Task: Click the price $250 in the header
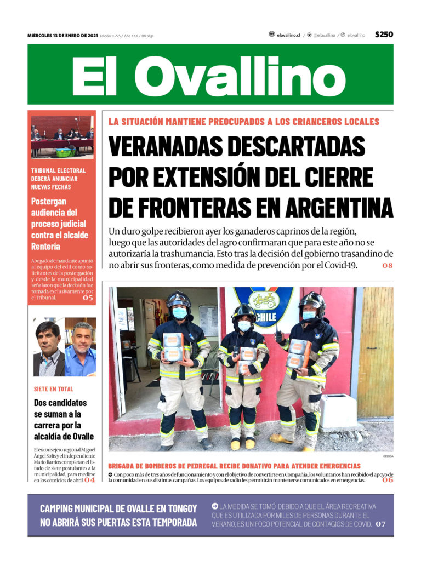pos(384,35)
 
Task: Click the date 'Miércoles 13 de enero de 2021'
pos(62,36)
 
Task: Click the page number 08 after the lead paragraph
pos(388,266)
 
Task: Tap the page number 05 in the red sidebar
pos(88,298)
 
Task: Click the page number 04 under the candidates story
pos(89,480)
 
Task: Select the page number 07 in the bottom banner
pos(380,524)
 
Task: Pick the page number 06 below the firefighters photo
pos(388,480)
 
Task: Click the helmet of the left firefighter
pos(179,299)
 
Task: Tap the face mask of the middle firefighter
pos(244,326)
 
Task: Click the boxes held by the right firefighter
pos(299,354)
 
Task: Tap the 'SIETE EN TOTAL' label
pos(53,389)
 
